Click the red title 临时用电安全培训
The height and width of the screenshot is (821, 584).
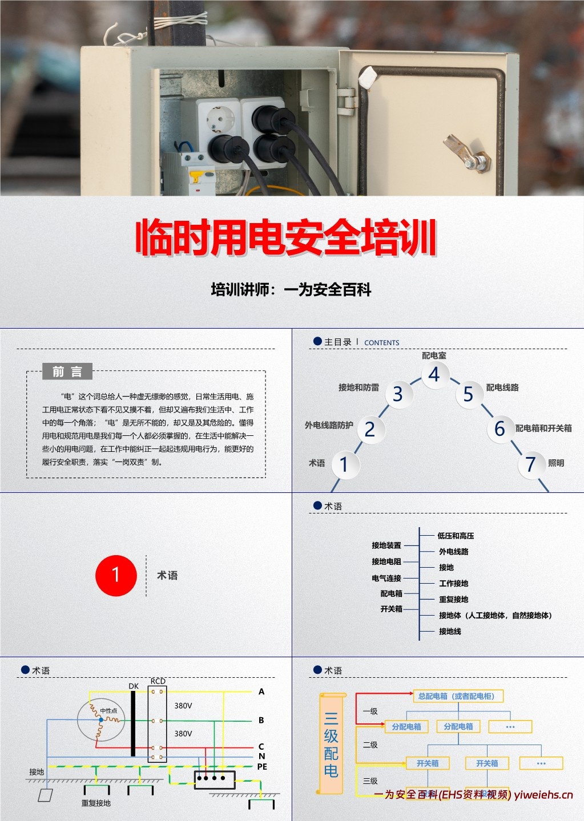coord(286,237)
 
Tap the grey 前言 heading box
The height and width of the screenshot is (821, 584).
coord(67,372)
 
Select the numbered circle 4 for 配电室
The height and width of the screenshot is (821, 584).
coord(434,374)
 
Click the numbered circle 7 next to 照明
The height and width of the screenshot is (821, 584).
coord(531,464)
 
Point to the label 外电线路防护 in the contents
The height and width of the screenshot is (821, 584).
coord(329,425)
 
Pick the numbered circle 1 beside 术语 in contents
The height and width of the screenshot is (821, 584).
coord(344,464)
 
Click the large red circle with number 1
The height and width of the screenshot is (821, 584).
coord(116,575)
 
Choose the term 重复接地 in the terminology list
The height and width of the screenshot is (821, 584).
coord(453,599)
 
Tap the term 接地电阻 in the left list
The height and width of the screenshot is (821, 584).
coord(386,561)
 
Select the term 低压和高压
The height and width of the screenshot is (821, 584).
coord(456,536)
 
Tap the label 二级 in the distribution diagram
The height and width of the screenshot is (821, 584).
coord(370,745)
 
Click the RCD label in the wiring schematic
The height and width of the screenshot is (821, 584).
coord(158,681)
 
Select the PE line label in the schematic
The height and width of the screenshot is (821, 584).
coord(262,767)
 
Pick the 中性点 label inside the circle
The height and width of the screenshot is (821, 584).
coord(108,710)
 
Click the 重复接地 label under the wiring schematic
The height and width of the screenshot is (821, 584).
coord(96,803)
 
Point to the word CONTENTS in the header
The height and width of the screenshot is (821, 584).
coord(381,343)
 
